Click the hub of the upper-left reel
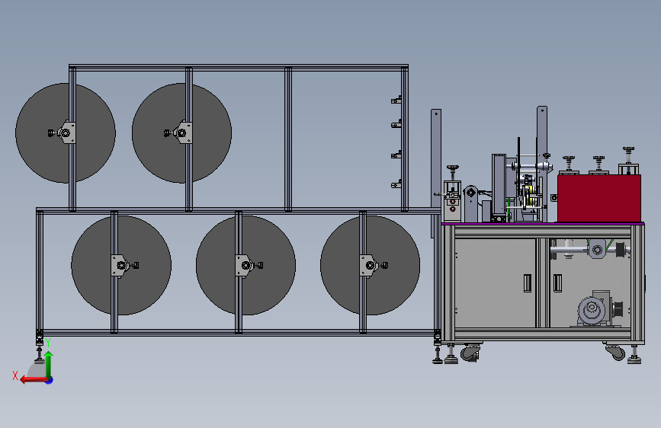[66, 133]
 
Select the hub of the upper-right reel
[181, 133]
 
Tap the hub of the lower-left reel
[121, 265]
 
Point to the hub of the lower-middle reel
[245, 265]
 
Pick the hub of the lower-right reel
[370, 265]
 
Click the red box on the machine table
[599, 199]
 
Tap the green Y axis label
[48, 343]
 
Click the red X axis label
[15, 375]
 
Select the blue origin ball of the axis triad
[50, 380]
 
